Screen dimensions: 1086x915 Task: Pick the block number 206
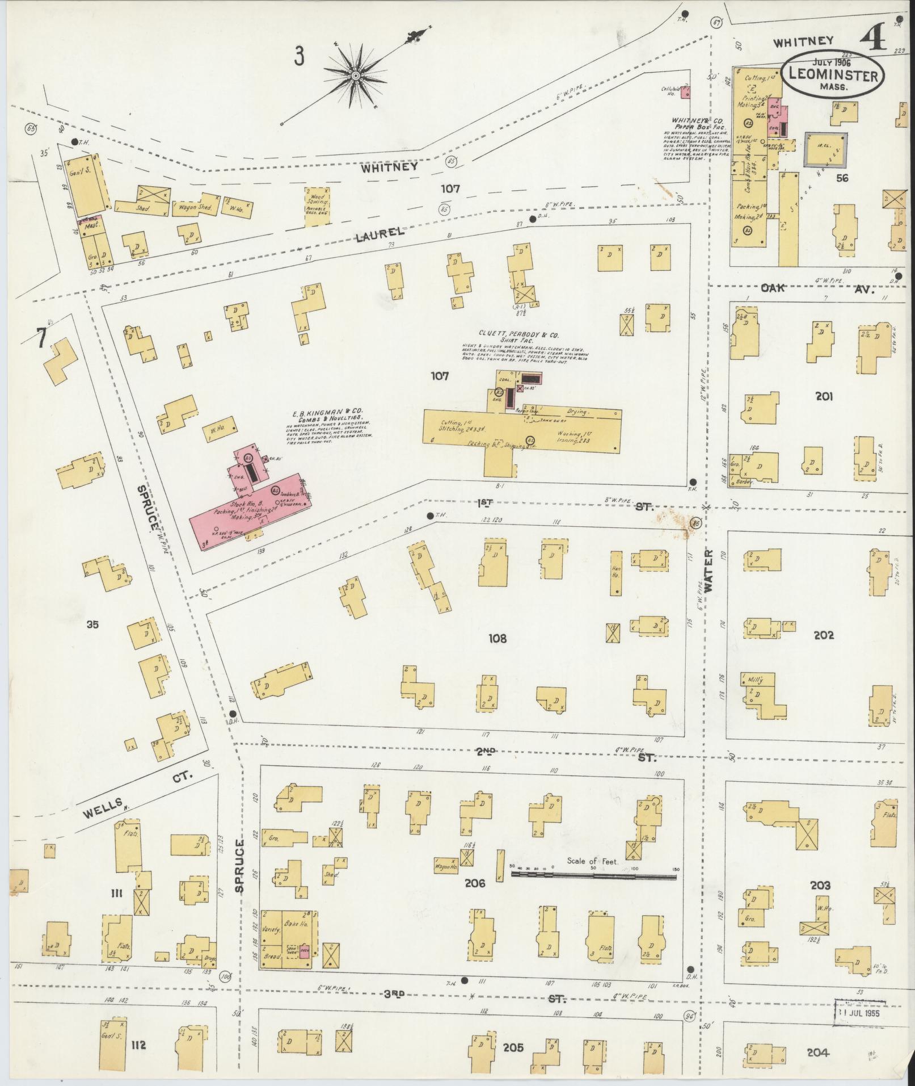[474, 883]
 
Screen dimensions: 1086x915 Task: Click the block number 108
[497, 639]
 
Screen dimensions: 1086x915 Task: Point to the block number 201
[823, 396]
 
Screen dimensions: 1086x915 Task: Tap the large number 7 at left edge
[40, 338]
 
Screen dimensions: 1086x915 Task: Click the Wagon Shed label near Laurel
[195, 208]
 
